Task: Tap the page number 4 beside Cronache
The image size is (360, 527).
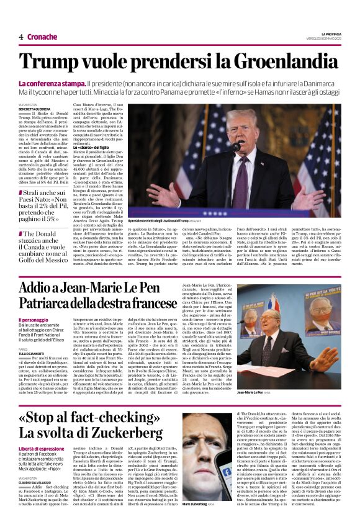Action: pyautogui.click(x=20, y=37)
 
